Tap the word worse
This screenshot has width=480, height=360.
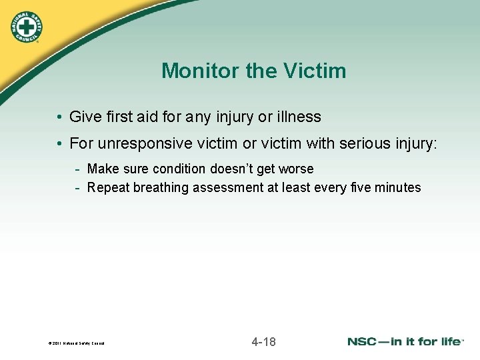[x=296, y=169]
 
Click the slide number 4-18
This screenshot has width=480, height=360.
[x=263, y=342]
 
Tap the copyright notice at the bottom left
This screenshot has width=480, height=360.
[x=77, y=344]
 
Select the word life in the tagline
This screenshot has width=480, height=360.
[x=449, y=342]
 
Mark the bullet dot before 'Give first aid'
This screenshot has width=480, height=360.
[x=60, y=118]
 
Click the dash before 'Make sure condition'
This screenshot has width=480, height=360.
[x=78, y=169]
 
